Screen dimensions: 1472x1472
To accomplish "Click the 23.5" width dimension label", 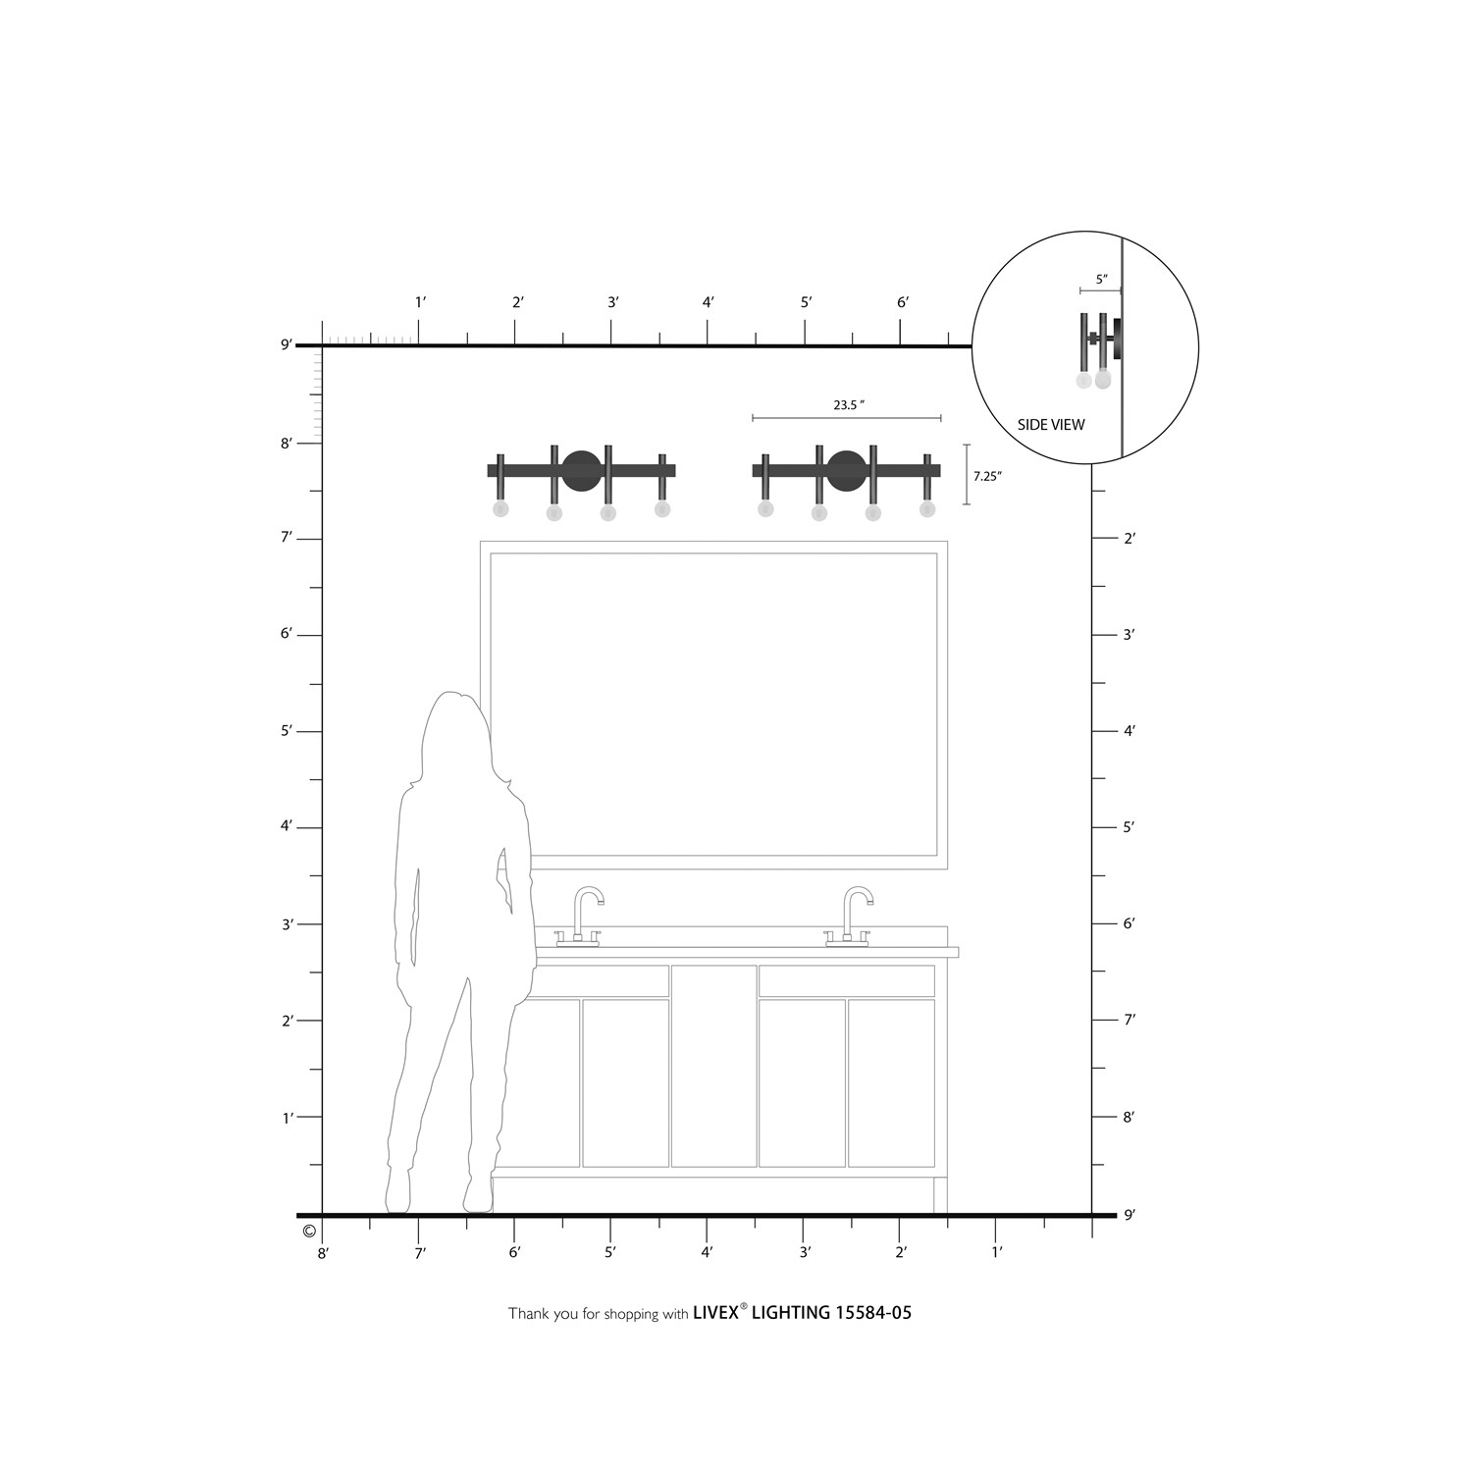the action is (x=849, y=404).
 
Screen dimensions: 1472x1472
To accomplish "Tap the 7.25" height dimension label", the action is (x=987, y=476).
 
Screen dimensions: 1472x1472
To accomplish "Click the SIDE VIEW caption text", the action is (x=1051, y=425).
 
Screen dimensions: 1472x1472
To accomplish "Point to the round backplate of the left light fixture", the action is (x=581, y=470).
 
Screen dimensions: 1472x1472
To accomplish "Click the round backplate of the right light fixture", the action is (x=846, y=470).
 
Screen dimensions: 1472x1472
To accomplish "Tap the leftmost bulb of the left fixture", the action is (x=500, y=508).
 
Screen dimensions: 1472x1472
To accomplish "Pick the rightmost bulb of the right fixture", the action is (x=927, y=508).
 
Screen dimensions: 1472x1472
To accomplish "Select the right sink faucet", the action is (x=850, y=918).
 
